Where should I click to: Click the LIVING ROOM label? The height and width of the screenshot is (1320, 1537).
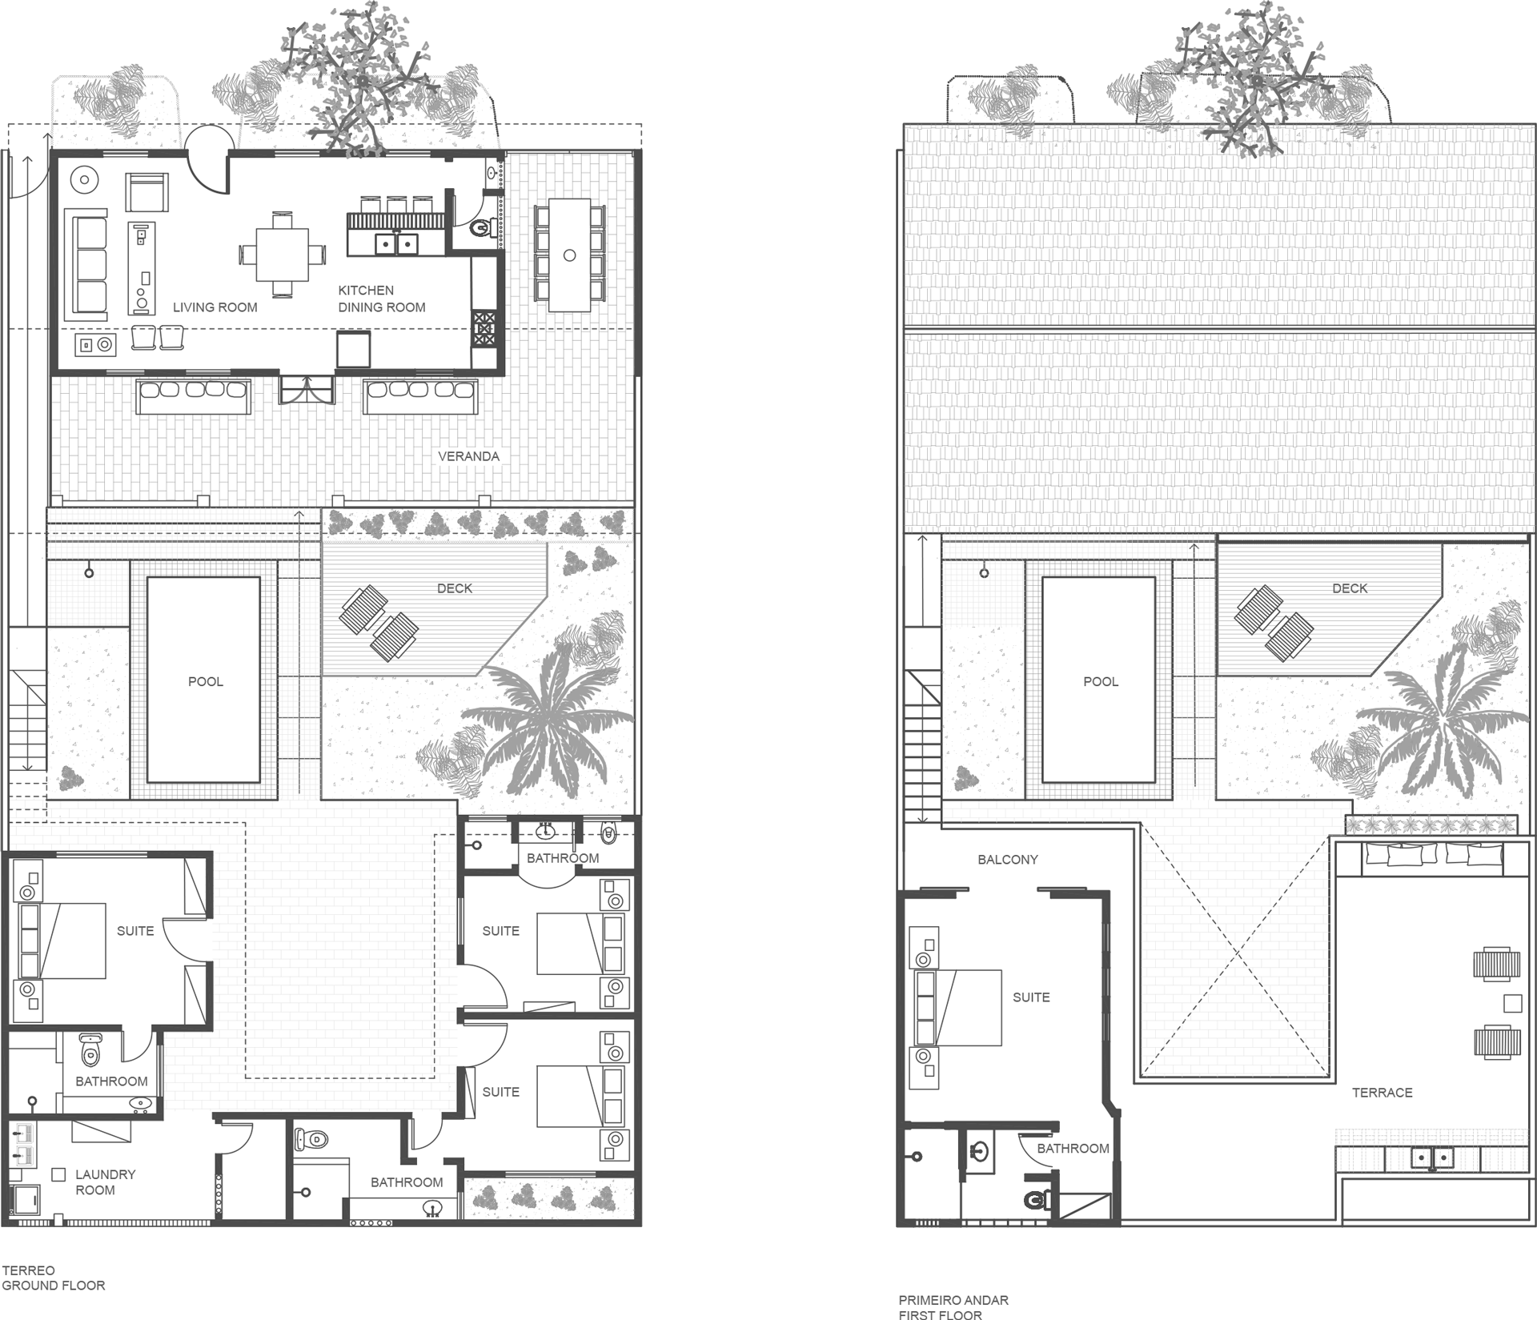[x=215, y=307]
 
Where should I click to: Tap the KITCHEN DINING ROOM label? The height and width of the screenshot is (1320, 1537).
[x=381, y=299]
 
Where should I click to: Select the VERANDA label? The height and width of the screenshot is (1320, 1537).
[x=468, y=456]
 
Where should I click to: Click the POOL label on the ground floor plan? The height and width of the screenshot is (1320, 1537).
[x=206, y=682]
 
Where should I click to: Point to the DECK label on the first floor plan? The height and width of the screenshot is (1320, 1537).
[x=1350, y=588]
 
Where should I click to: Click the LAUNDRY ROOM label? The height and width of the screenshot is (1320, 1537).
[x=105, y=1182]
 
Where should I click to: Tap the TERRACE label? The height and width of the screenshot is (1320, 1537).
[x=1382, y=1093]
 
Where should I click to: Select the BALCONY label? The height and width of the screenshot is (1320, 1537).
[x=1007, y=860]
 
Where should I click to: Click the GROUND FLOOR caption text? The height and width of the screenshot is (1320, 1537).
[x=54, y=1286]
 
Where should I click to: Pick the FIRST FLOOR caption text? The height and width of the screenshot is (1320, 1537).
[x=940, y=1314]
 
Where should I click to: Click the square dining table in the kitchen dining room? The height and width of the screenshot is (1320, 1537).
[x=283, y=255]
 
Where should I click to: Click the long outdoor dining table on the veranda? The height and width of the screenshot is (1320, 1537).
[x=569, y=255]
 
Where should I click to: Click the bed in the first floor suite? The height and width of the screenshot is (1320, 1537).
[x=957, y=1008]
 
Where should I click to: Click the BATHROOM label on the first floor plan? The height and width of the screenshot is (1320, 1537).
[x=1073, y=1149]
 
